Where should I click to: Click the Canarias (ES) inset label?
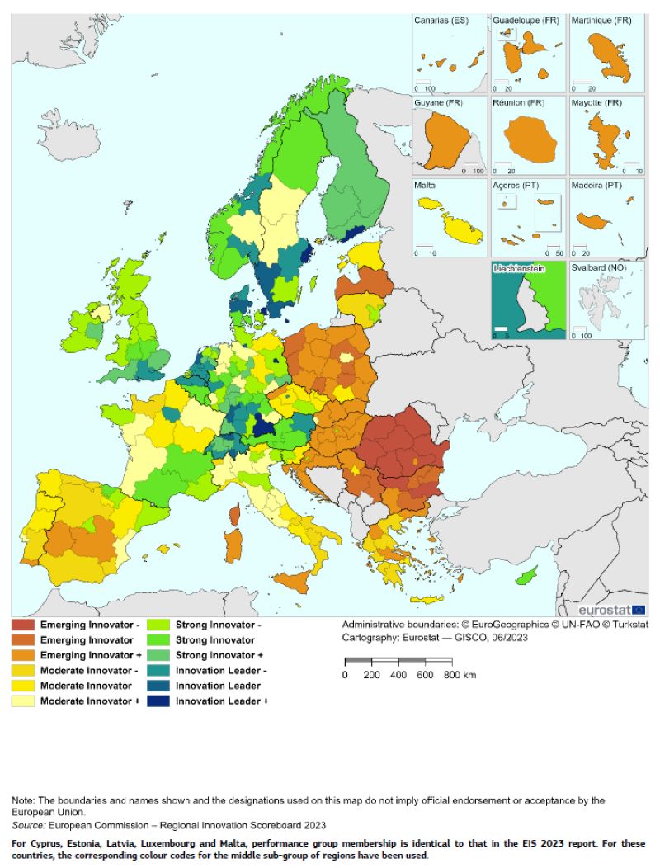(443, 21)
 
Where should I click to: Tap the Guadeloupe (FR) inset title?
(525, 21)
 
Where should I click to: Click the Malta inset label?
(427, 187)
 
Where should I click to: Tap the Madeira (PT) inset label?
(601, 187)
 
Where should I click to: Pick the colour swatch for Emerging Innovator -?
(23, 625)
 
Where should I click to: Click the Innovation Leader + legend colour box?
(159, 701)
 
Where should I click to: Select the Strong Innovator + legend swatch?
(159, 655)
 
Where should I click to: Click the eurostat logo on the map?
(611, 610)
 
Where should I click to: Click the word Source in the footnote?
(29, 825)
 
